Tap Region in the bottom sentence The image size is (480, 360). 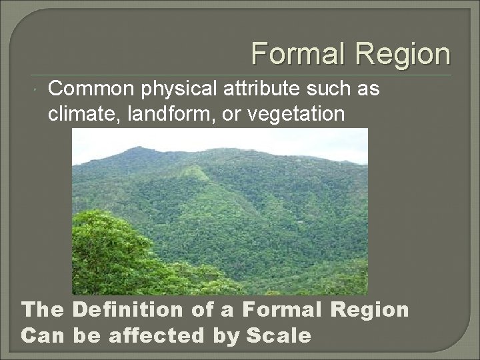pyautogui.click(x=372, y=309)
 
